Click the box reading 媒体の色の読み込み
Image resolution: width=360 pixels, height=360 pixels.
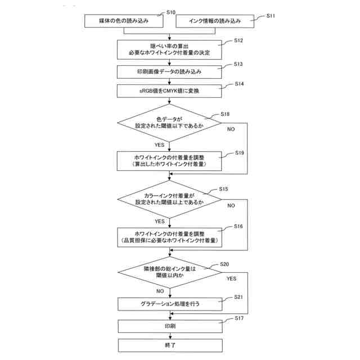[124, 21]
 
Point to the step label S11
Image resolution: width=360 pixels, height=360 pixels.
[271, 16]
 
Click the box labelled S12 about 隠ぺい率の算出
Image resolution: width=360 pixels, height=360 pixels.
[169, 49]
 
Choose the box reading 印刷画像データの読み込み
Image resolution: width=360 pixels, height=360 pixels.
[169, 72]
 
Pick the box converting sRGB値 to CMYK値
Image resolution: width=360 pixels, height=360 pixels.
[169, 91]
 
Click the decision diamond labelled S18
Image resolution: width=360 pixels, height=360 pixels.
[169, 123]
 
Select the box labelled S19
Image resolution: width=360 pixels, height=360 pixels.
[169, 160]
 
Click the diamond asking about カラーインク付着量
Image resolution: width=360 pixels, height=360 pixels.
[169, 199]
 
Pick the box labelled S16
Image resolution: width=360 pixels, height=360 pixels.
[169, 236]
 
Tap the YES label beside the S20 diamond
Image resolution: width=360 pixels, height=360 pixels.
[231, 278]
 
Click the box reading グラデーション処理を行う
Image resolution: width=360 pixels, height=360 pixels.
[169, 304]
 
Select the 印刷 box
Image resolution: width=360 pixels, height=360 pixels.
[169, 326]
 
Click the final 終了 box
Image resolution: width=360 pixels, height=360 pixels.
[169, 344]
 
